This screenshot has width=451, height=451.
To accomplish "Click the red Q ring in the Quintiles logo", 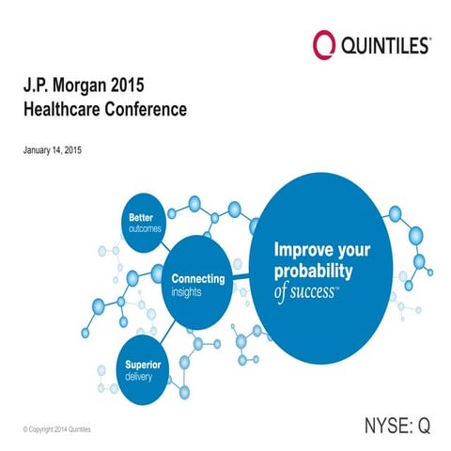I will [x=323, y=43].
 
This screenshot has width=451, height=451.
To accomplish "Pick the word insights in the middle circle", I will [x=186, y=291].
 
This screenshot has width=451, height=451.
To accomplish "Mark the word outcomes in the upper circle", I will [x=146, y=228].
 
